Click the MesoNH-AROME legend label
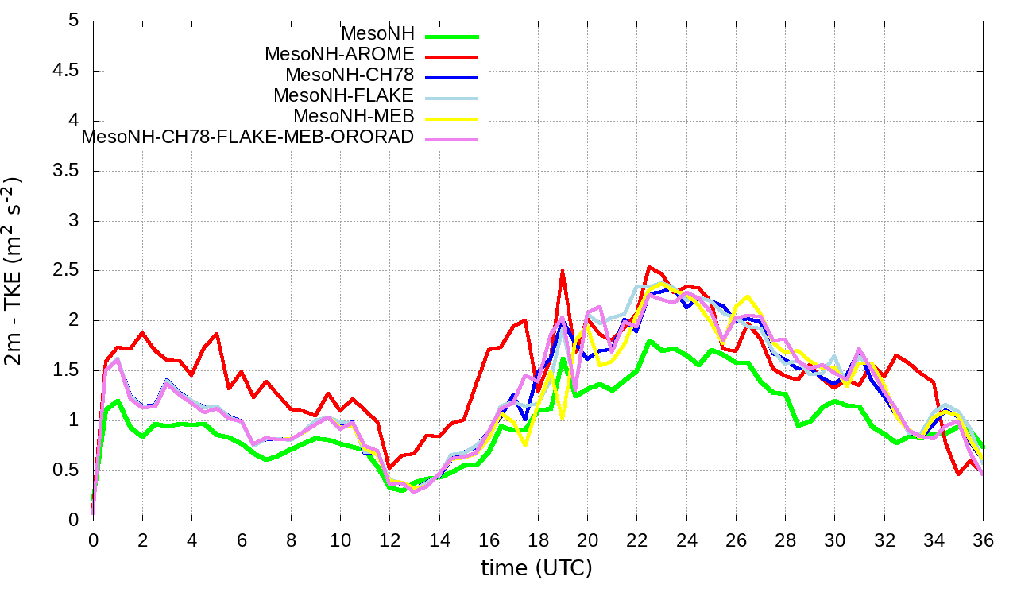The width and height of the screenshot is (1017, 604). tap(339, 54)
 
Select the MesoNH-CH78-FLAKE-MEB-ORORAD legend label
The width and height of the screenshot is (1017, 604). tap(248, 137)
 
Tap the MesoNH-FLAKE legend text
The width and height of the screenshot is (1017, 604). tap(344, 95)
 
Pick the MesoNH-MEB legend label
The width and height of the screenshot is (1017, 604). tap(354, 116)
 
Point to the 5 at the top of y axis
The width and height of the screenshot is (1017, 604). tap(74, 21)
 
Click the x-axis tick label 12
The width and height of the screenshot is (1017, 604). tap(389, 539)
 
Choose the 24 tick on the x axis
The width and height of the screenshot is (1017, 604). tap(686, 539)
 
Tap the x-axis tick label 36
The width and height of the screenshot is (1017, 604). tap(983, 539)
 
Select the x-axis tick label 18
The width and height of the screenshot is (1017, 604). tap(538, 539)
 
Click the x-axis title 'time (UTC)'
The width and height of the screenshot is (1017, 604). tap(536, 568)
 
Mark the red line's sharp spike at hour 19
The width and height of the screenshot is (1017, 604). tap(563, 271)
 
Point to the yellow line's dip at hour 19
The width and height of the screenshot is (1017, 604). tap(563, 417)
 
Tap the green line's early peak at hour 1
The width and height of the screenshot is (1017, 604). tap(118, 401)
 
